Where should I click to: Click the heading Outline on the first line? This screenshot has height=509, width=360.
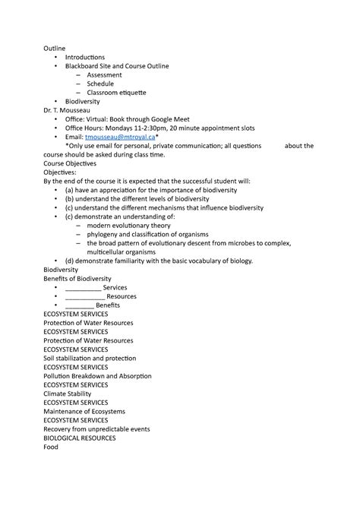click(55, 49)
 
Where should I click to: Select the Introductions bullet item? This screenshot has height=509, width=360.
click(85, 57)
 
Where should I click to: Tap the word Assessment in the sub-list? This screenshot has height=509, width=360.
click(105, 75)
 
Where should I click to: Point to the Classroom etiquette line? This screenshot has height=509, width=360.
click(116, 93)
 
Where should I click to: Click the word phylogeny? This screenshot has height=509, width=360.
click(104, 234)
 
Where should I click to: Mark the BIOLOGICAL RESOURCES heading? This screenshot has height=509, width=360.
click(80, 438)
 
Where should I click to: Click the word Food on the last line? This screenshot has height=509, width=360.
click(51, 447)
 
